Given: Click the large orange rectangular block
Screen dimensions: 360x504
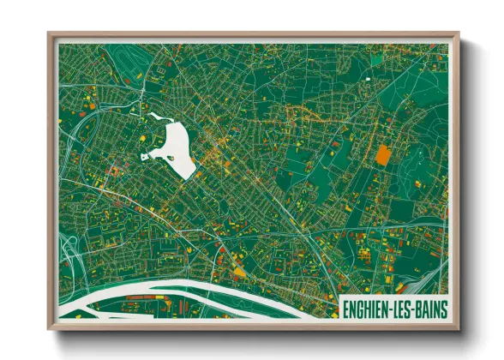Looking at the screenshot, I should click(x=382, y=154).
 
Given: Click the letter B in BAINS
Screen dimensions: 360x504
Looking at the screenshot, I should click(x=424, y=309).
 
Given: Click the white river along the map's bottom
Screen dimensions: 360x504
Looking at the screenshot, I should click(x=214, y=296).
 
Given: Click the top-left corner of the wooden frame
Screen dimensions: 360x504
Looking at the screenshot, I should click(x=49, y=33).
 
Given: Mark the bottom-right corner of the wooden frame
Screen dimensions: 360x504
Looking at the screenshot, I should click(x=459, y=329).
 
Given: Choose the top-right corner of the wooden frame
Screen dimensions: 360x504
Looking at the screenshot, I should click(x=459, y=33).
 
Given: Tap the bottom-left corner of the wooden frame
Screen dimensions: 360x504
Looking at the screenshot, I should click(x=49, y=329).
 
